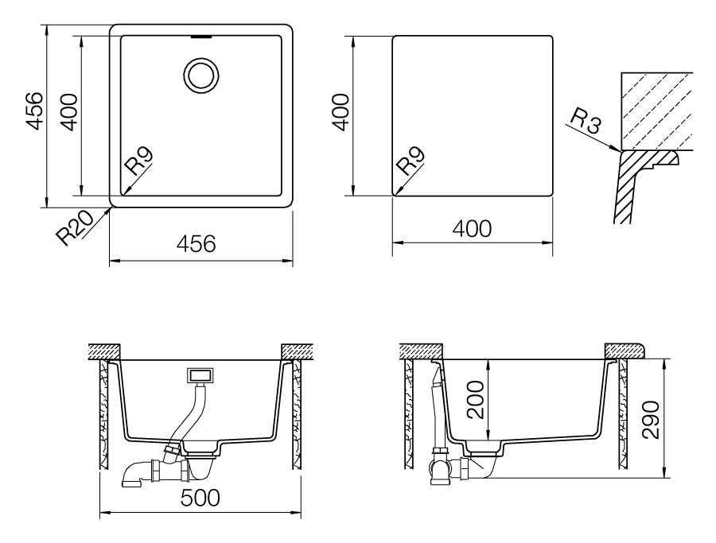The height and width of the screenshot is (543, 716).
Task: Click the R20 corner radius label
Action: pos(74,227)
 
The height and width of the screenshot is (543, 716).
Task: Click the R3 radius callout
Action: pos(586,122)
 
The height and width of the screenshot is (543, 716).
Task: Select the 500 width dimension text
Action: pos(200,498)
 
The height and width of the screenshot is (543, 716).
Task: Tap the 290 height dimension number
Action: pos(650,420)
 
